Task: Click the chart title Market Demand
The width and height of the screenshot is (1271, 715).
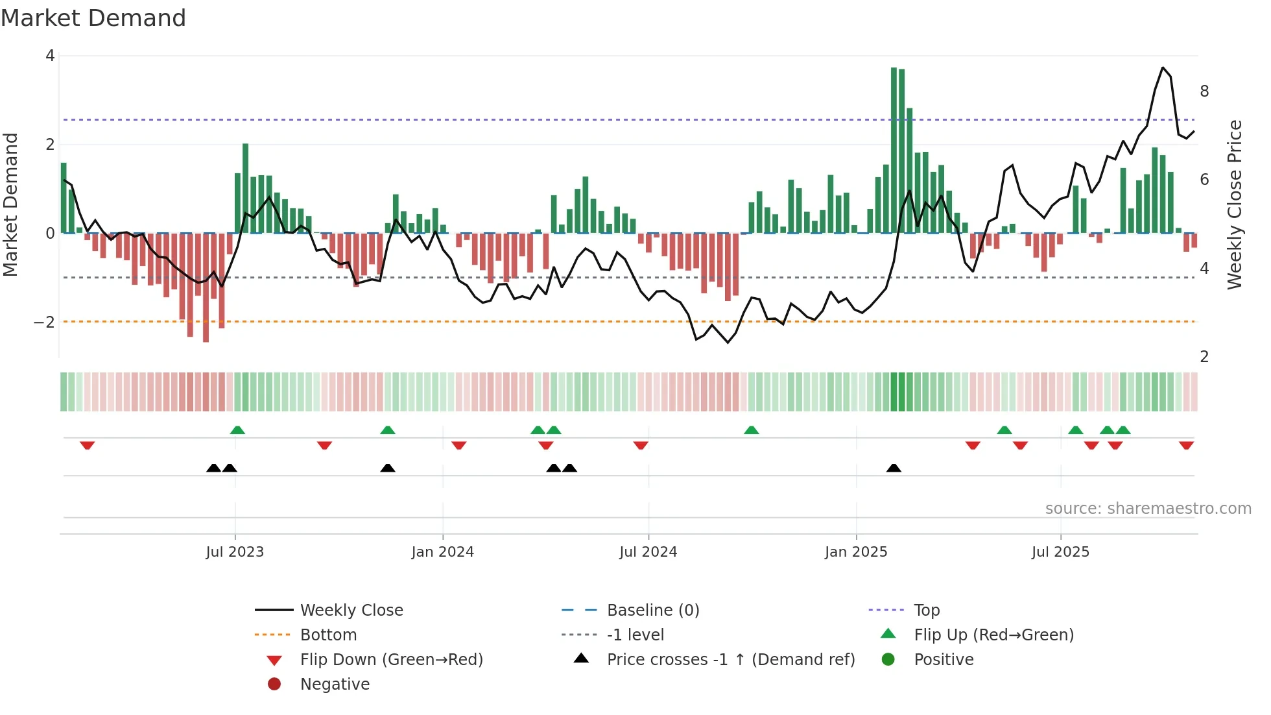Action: [x=93, y=18]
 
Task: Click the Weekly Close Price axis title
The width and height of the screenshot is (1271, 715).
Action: [x=1234, y=204]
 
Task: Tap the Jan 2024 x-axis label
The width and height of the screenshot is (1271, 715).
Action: [x=442, y=552]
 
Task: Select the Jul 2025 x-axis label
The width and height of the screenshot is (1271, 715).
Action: [x=1060, y=552]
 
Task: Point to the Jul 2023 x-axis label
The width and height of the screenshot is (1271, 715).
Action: [x=235, y=552]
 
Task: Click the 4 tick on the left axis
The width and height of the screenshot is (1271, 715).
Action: [x=50, y=56]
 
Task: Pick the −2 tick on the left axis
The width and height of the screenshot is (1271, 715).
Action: [x=45, y=322]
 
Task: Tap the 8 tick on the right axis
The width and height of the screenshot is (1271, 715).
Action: [x=1204, y=91]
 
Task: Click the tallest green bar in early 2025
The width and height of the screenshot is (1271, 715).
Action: [x=894, y=149]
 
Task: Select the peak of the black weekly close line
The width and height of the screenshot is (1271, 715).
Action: [x=1163, y=68]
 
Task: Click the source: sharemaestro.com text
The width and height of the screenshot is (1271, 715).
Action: [x=1148, y=509]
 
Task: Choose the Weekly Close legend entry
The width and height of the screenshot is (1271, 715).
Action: [x=351, y=611]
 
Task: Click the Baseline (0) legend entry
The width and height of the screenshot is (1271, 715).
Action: [x=652, y=611]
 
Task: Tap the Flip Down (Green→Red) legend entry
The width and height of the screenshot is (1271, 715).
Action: [x=391, y=660]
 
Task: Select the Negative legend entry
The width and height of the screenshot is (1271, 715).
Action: [x=335, y=685]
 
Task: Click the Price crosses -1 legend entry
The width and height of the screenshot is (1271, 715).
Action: [x=730, y=660]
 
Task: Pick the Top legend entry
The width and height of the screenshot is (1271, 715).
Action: [x=926, y=611]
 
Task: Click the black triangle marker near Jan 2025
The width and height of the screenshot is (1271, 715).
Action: [x=894, y=468]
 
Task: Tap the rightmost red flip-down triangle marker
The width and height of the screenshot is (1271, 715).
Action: [x=1186, y=445]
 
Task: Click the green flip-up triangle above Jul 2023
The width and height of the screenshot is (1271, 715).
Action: [x=237, y=430]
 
